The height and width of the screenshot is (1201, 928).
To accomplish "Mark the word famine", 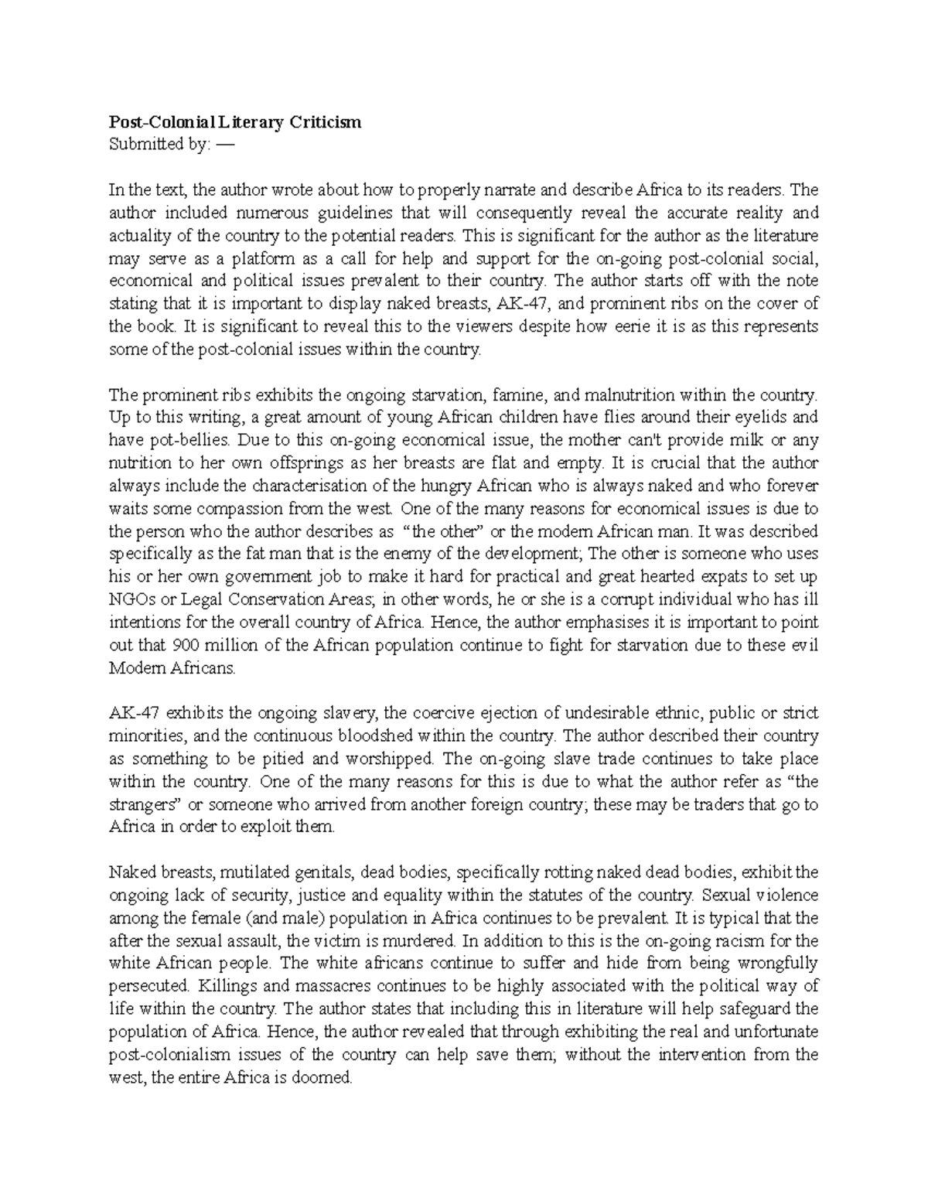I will coord(518,395).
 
